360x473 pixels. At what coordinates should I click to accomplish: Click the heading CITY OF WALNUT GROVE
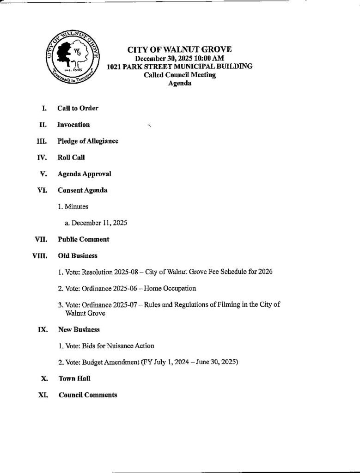179,50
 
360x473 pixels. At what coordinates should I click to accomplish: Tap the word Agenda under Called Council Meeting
179,84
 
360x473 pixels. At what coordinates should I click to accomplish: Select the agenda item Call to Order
78,108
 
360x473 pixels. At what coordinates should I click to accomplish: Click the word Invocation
73,125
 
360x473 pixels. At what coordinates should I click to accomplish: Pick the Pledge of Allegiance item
87,141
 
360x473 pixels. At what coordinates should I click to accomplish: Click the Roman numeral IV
42,158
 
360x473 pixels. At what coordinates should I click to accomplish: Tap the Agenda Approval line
84,174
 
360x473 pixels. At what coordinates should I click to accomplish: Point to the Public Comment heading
83,239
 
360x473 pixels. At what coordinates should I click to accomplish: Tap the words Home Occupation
170,288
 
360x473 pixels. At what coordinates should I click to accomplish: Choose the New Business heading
79,329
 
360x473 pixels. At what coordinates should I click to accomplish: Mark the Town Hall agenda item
74,378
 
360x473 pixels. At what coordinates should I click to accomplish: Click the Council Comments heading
88,395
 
